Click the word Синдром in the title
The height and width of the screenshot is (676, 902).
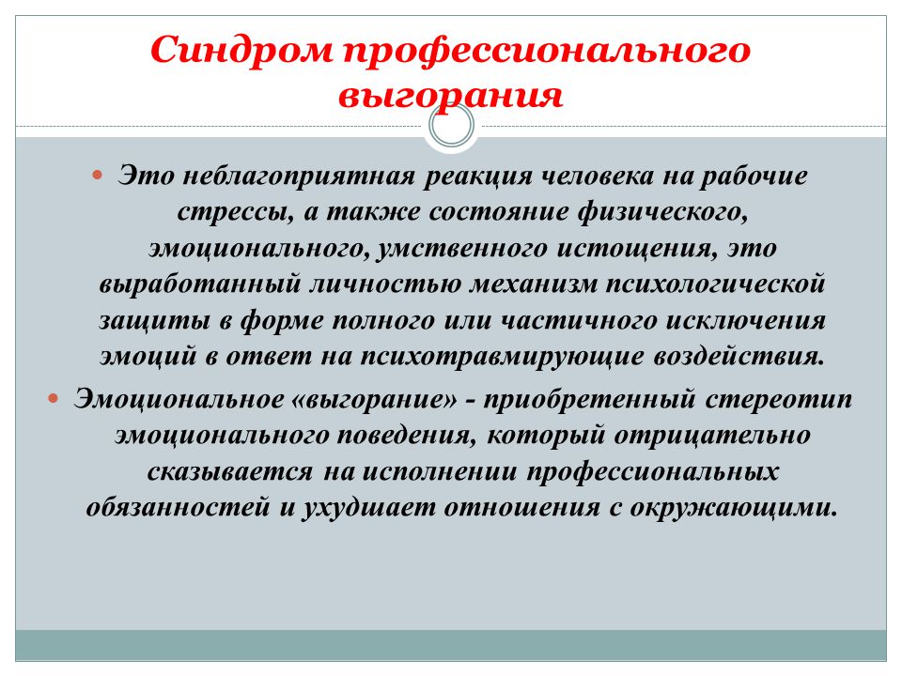(242, 50)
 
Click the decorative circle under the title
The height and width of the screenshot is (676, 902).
(452, 125)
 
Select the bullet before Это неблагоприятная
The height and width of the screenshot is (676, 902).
(97, 175)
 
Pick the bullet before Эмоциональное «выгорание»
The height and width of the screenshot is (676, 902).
(54, 398)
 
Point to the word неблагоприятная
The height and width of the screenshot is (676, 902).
(299, 176)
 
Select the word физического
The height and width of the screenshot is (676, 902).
(662, 211)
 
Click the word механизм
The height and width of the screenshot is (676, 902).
(534, 284)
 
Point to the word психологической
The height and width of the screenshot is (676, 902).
(716, 284)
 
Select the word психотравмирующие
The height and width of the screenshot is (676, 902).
(502, 357)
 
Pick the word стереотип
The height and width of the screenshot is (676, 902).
(779, 399)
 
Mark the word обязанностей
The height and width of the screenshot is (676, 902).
(179, 507)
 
